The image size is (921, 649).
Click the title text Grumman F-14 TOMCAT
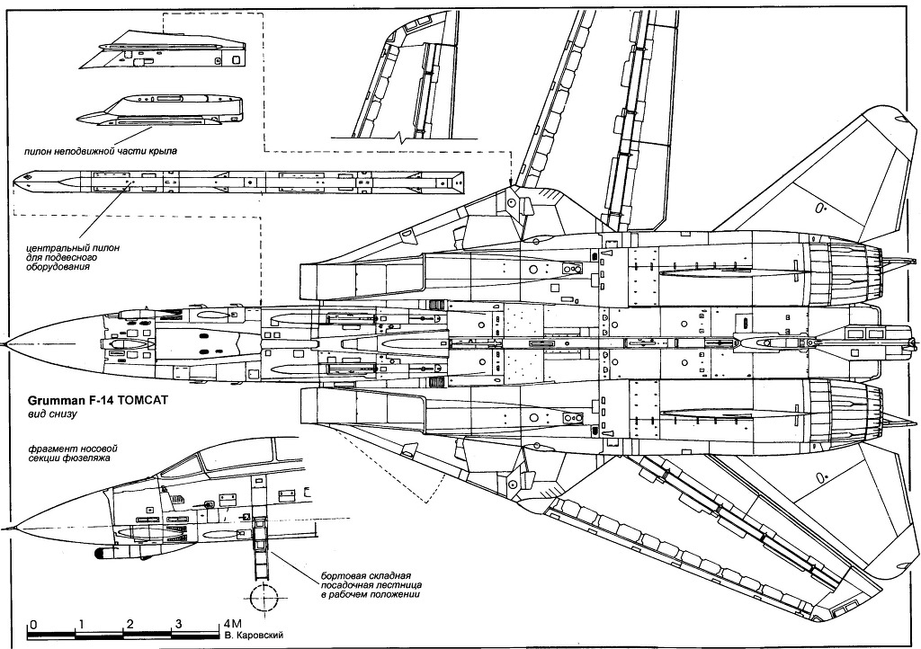(x=98, y=401)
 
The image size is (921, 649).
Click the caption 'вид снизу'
(x=53, y=414)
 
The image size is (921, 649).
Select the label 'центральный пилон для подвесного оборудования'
(x=73, y=257)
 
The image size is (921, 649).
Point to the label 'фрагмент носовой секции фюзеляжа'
(x=69, y=452)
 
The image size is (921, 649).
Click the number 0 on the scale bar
(x=33, y=624)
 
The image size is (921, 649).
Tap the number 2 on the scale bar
(x=130, y=624)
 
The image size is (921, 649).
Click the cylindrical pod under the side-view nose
(x=114, y=553)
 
